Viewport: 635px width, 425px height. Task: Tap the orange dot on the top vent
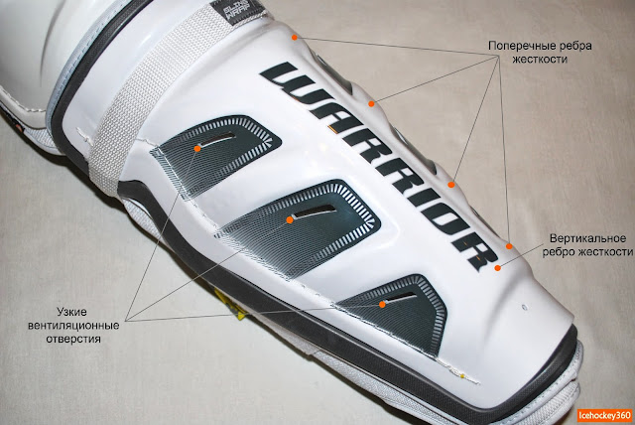(x=198, y=147)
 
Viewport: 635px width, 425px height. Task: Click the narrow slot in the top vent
(x=224, y=136)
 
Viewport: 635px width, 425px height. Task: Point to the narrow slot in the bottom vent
(x=401, y=295)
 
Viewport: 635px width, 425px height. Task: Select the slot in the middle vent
(x=317, y=210)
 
